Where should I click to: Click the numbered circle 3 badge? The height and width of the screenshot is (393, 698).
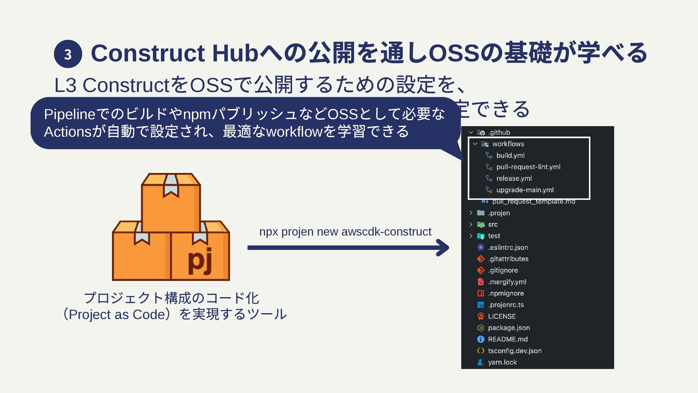(x=68, y=54)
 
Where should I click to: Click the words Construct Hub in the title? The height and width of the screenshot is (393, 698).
(x=174, y=53)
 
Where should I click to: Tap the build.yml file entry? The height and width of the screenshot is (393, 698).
(x=510, y=155)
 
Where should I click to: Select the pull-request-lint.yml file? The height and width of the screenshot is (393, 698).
(x=528, y=167)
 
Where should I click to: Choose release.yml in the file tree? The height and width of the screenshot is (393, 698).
(x=514, y=178)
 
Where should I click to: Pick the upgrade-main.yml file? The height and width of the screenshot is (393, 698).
(x=525, y=190)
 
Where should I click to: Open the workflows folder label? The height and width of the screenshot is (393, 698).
(x=508, y=144)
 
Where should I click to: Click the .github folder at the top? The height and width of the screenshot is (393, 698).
(x=499, y=132)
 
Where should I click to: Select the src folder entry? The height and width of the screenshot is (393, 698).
(x=493, y=225)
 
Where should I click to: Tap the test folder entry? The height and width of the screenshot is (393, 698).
(x=494, y=236)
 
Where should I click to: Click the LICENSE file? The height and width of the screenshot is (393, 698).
(x=502, y=316)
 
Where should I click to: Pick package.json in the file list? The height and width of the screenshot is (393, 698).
(x=509, y=328)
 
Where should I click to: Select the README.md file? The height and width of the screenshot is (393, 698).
(x=508, y=339)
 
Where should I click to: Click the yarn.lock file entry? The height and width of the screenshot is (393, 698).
(x=502, y=362)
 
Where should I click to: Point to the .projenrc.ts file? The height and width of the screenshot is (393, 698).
(x=506, y=305)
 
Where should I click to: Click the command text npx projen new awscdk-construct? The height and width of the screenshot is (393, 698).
(x=345, y=232)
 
